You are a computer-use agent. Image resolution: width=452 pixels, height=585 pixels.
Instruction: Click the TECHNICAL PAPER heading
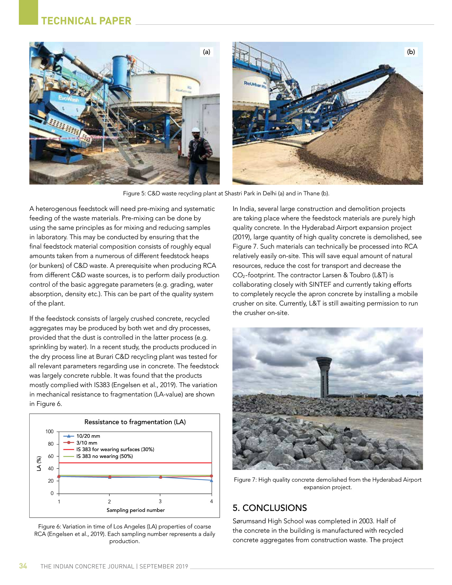(86, 21)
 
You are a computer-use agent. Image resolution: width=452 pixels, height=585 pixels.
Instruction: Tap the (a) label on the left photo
(206, 52)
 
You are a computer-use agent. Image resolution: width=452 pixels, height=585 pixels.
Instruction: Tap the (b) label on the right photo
(411, 52)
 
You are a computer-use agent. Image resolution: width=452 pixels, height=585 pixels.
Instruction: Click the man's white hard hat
(195, 129)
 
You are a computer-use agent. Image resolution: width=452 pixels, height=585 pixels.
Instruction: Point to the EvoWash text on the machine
(68, 98)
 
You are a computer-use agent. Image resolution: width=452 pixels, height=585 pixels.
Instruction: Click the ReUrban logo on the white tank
(255, 85)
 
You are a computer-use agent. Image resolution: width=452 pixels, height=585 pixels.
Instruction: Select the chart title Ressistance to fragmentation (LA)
(135, 422)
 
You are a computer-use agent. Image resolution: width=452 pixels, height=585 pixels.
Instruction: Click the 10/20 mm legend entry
(88, 436)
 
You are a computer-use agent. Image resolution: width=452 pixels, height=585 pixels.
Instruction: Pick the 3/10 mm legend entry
(86, 443)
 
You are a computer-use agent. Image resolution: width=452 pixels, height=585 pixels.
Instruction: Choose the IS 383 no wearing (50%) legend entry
(104, 456)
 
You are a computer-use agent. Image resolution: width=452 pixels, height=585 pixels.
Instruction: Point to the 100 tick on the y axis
(49, 432)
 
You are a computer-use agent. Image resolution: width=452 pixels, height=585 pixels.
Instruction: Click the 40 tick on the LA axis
(51, 469)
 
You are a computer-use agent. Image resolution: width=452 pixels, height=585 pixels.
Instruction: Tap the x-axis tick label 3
(160, 501)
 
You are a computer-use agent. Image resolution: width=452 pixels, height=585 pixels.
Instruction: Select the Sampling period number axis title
(136, 510)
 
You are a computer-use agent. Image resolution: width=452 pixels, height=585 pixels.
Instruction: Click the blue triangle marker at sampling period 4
(212, 480)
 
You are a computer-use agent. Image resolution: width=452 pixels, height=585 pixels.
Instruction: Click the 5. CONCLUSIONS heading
(270, 508)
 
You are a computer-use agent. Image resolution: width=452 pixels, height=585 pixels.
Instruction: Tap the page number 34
(23, 566)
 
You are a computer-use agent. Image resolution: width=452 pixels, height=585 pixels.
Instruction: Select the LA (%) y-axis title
(39, 463)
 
